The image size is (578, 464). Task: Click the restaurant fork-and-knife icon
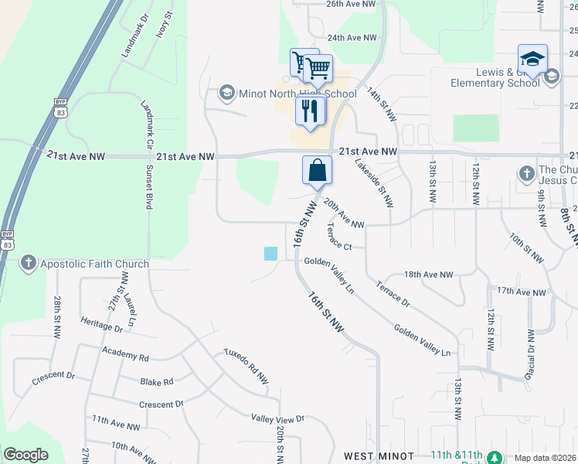[311, 111]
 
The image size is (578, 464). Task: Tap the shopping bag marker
[317, 170]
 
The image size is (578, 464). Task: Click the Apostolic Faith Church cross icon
[28, 264]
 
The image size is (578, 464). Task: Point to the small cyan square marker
[270, 253]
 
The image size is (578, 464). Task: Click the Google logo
[25, 455]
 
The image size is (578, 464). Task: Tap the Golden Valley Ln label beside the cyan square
[329, 275]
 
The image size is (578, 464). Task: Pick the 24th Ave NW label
[352, 37]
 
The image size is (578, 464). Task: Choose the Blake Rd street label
[157, 382]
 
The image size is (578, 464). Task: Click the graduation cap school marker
[532, 60]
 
